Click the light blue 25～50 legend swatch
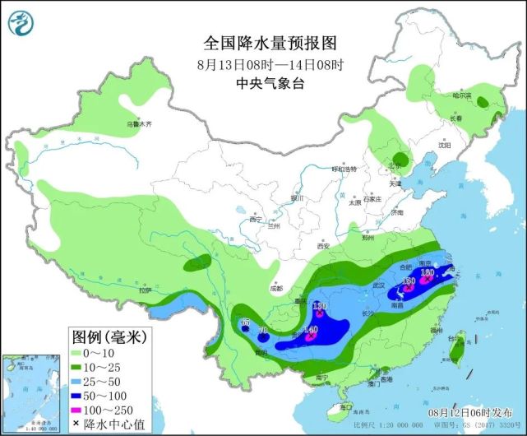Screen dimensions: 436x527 (x=83, y=380)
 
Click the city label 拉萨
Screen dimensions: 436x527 (x=146, y=290)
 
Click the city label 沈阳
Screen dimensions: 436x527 (x=445, y=146)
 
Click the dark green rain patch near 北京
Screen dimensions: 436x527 (x=400, y=160)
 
